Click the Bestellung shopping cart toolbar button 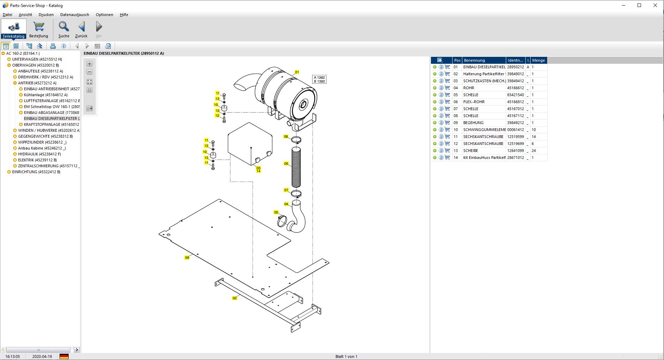pyautogui.click(x=38, y=29)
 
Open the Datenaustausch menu pyautogui.click(x=75, y=15)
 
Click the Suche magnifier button pyautogui.click(x=64, y=29)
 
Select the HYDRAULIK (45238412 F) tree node pyautogui.click(x=39, y=154)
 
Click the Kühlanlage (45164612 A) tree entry pyautogui.click(x=46, y=95)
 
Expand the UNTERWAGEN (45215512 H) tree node pyautogui.click(x=9, y=59)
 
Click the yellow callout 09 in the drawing pyautogui.click(x=187, y=258)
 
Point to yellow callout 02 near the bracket pyautogui.click(x=234, y=298)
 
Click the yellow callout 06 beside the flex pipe pyautogui.click(x=286, y=163)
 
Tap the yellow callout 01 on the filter pyautogui.click(x=297, y=72)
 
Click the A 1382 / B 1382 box pyautogui.click(x=319, y=79)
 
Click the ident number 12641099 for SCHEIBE pyautogui.click(x=515, y=151)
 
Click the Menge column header pyautogui.click(x=538, y=60)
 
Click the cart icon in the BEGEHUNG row pyautogui.click(x=447, y=123)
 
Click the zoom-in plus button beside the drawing pyautogui.click(x=90, y=64)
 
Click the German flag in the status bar pyautogui.click(x=64, y=356)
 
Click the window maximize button pyautogui.click(x=639, y=5)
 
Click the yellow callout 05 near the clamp pyautogui.click(x=276, y=212)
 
